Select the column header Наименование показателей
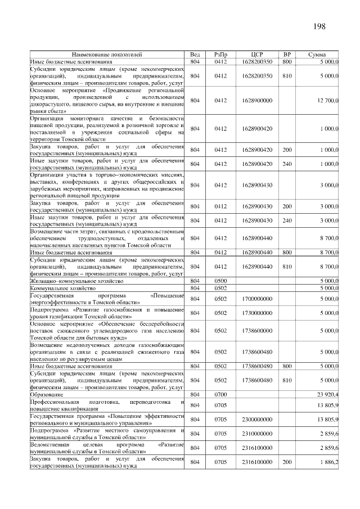click(107, 55)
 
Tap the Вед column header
click(195, 55)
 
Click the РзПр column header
click(220, 55)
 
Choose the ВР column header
click(287, 55)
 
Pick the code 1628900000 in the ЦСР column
click(259, 101)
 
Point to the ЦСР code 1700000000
click(259, 299)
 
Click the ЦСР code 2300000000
click(259, 419)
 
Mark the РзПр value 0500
click(220, 280)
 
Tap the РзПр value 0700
click(220, 394)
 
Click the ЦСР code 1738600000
click(259, 331)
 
